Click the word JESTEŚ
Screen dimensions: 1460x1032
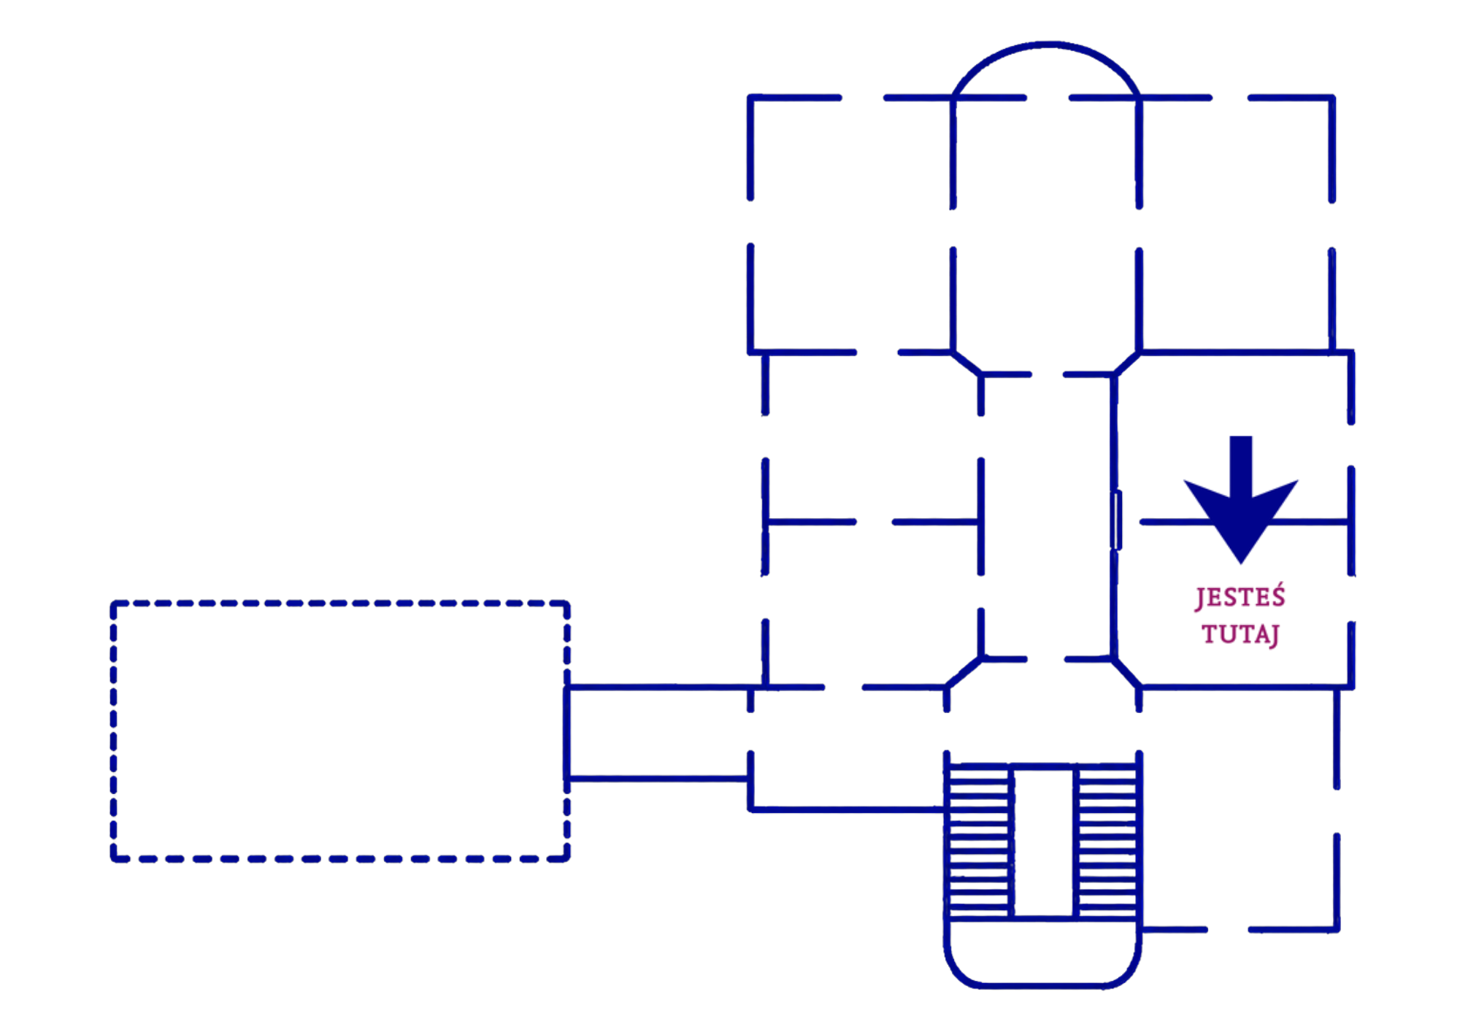[1240, 597]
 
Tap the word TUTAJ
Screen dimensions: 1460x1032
[1240, 634]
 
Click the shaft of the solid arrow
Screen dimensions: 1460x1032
[1241, 467]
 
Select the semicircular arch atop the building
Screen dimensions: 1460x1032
[1046, 45]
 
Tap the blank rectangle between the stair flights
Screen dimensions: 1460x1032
[1044, 841]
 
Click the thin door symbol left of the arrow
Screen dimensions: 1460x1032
[1116, 520]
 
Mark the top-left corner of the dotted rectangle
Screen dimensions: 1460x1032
[113, 604]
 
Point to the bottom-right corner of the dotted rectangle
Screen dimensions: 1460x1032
[567, 858]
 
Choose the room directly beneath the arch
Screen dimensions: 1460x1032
[1046, 225]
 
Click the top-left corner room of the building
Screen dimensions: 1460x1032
[851, 225]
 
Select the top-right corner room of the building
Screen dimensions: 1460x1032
[1236, 225]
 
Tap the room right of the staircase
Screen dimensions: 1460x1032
[1238, 809]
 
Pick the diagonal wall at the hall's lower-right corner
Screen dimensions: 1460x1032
[1126, 673]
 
